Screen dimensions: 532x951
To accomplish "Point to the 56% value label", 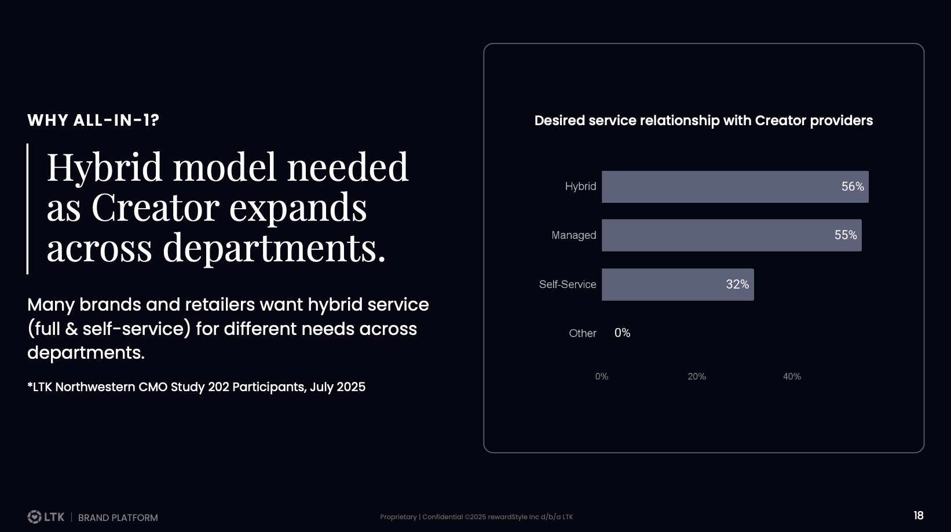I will click(853, 187).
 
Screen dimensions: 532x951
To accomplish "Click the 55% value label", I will click(846, 235).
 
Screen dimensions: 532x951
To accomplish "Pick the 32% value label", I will click(737, 285).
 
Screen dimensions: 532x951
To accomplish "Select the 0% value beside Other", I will click(622, 333).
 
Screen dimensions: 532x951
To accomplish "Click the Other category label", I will click(582, 333).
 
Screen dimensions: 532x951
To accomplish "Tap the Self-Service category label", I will click(567, 285).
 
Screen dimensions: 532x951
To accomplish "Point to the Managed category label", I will click(573, 235).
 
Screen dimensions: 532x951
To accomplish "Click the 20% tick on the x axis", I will click(697, 377).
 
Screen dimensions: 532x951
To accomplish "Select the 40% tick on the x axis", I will click(792, 377).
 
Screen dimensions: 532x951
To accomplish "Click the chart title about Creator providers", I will click(703, 121).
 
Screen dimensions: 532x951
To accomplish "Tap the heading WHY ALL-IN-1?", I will click(93, 121).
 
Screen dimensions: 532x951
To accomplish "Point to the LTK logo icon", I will click(34, 516).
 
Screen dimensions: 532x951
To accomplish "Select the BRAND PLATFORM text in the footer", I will click(118, 518).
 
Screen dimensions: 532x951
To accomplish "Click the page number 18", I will click(918, 516).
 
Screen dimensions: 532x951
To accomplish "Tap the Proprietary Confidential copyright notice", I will click(476, 517).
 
